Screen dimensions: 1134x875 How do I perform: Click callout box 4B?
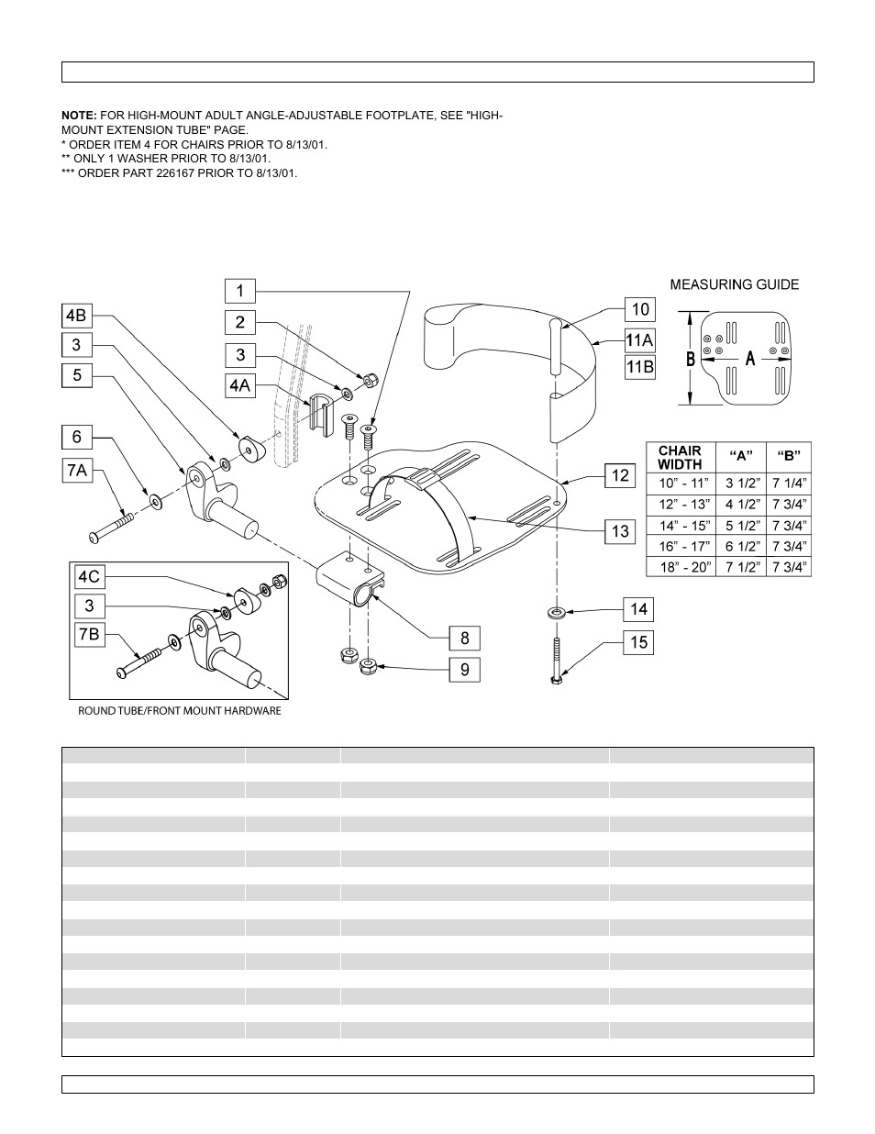(x=77, y=315)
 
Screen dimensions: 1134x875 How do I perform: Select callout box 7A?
(x=77, y=470)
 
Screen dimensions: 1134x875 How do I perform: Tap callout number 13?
(x=620, y=530)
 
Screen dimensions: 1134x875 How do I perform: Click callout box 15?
(x=639, y=642)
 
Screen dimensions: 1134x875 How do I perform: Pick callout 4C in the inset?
(x=89, y=577)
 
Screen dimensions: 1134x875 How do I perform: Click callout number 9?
(x=464, y=669)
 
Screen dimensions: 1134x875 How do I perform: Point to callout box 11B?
(x=639, y=367)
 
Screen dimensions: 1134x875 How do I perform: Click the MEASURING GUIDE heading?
(x=734, y=284)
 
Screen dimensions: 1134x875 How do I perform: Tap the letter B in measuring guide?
(x=690, y=359)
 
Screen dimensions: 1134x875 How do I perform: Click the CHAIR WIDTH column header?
(x=680, y=457)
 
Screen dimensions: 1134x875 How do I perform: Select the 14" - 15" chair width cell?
(x=684, y=526)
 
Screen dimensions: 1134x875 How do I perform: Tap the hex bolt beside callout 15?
(x=557, y=660)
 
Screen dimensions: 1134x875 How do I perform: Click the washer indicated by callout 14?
(x=557, y=611)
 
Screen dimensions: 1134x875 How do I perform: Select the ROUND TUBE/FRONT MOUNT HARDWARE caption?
(x=180, y=711)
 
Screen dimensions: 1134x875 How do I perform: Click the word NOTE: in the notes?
(x=78, y=117)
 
